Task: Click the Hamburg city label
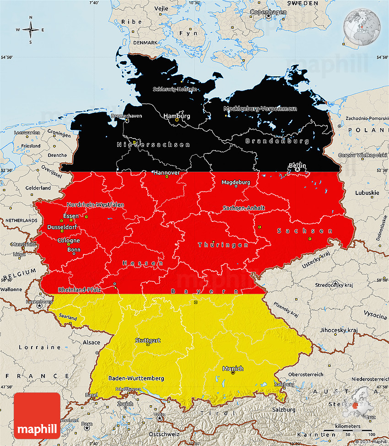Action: [176, 116]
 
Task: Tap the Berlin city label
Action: [297, 165]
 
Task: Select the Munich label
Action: [232, 369]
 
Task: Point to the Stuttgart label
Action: [147, 340]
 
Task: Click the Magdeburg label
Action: [236, 182]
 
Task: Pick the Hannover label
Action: [167, 172]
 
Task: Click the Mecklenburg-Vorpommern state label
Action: [260, 108]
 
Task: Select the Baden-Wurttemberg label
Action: [136, 378]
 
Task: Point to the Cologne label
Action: [69, 241]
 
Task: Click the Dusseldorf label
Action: [62, 227]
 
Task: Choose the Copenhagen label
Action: [268, 12]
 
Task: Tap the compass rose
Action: [31, 30]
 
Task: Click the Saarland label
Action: [67, 317]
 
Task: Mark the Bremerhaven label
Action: [126, 116]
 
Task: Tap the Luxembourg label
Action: [40, 302]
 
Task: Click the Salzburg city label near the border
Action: [284, 385]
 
